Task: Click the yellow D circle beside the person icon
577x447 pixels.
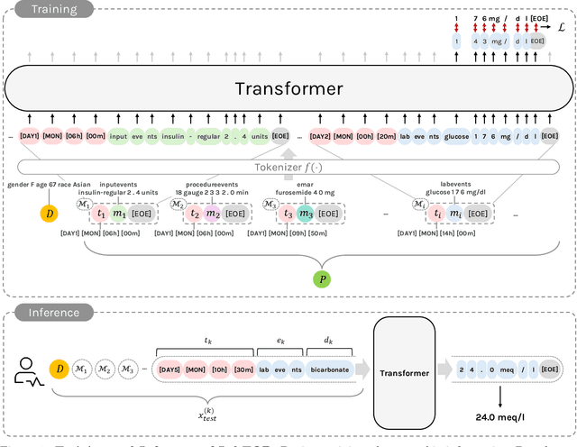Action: click(60, 369)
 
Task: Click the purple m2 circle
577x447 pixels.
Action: click(213, 214)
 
